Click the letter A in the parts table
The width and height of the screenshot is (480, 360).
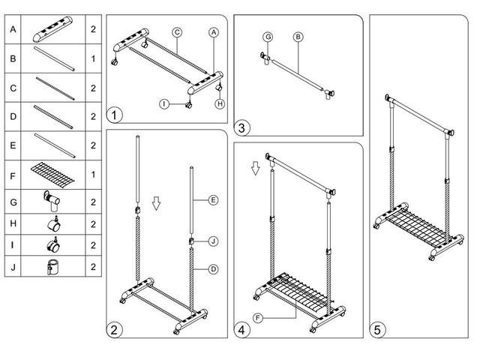pyautogui.click(x=13, y=29)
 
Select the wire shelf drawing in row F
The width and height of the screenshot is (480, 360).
pyautogui.click(x=52, y=175)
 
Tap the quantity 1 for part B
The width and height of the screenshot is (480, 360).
pyautogui.click(x=93, y=58)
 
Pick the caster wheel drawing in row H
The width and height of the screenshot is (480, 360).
pyautogui.click(x=54, y=223)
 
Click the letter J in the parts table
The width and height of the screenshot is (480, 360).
pyautogui.click(x=13, y=267)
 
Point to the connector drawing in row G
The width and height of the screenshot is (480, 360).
pyautogui.click(x=52, y=201)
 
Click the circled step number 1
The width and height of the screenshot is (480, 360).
pyautogui.click(x=115, y=115)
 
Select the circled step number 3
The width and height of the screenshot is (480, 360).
pyautogui.click(x=241, y=128)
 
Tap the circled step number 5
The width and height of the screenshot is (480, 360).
pyautogui.click(x=377, y=330)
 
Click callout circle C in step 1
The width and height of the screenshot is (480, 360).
pyautogui.click(x=177, y=32)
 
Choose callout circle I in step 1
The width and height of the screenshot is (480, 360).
pyautogui.click(x=164, y=104)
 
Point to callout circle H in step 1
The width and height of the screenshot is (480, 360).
pyautogui.click(x=220, y=104)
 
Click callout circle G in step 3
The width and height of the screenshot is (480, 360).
pyautogui.click(x=268, y=37)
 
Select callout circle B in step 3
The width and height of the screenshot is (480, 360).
pyautogui.click(x=298, y=37)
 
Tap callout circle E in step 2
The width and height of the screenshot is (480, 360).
pyautogui.click(x=213, y=200)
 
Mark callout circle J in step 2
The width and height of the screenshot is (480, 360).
pyautogui.click(x=213, y=241)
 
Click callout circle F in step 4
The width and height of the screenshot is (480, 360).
pyautogui.click(x=258, y=318)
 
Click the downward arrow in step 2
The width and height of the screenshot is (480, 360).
pyautogui.click(x=157, y=203)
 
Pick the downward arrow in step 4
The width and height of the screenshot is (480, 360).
pyautogui.click(x=255, y=168)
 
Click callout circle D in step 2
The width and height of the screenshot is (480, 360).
pyautogui.click(x=213, y=269)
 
